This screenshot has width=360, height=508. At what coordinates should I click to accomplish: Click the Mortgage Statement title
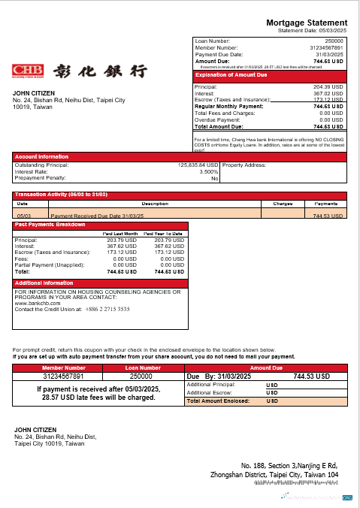point(307,23)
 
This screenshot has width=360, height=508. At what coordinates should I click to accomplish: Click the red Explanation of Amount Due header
point(225,75)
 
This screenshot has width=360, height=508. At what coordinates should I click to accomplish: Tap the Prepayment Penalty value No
point(214,178)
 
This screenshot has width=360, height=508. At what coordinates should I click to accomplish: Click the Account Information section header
point(38,157)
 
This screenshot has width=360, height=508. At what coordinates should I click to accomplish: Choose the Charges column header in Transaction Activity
point(282,203)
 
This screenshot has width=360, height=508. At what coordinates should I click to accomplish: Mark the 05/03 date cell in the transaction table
point(23,216)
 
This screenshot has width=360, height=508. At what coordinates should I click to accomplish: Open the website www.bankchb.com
point(36,304)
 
